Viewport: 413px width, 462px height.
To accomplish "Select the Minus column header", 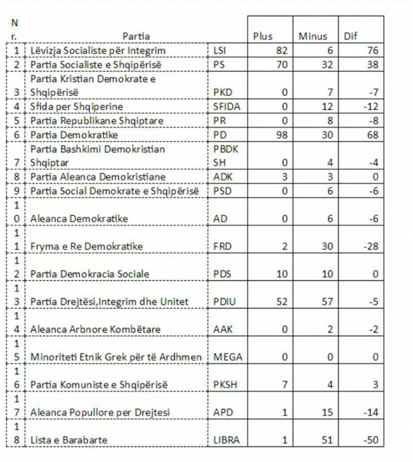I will click(x=312, y=37).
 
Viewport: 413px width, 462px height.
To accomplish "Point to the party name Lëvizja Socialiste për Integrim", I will click(x=98, y=51).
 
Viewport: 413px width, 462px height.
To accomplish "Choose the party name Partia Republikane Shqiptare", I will click(x=91, y=120).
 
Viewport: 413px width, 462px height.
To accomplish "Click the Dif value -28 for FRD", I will click(x=368, y=247).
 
